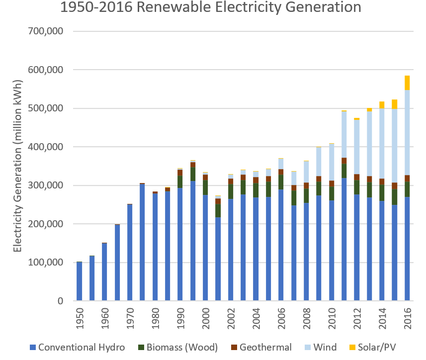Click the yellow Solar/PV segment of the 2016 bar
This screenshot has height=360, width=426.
(407, 83)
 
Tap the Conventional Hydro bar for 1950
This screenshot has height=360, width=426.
(79, 281)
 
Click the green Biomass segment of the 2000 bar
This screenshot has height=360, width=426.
(205, 187)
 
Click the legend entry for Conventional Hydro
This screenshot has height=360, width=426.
(77, 347)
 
